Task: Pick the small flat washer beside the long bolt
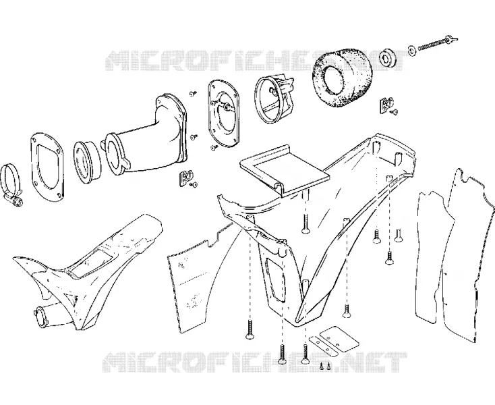pos(412,50)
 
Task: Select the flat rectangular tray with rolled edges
pos(284,171)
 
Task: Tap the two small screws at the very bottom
pos(325,365)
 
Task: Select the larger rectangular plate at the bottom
pos(339,340)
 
